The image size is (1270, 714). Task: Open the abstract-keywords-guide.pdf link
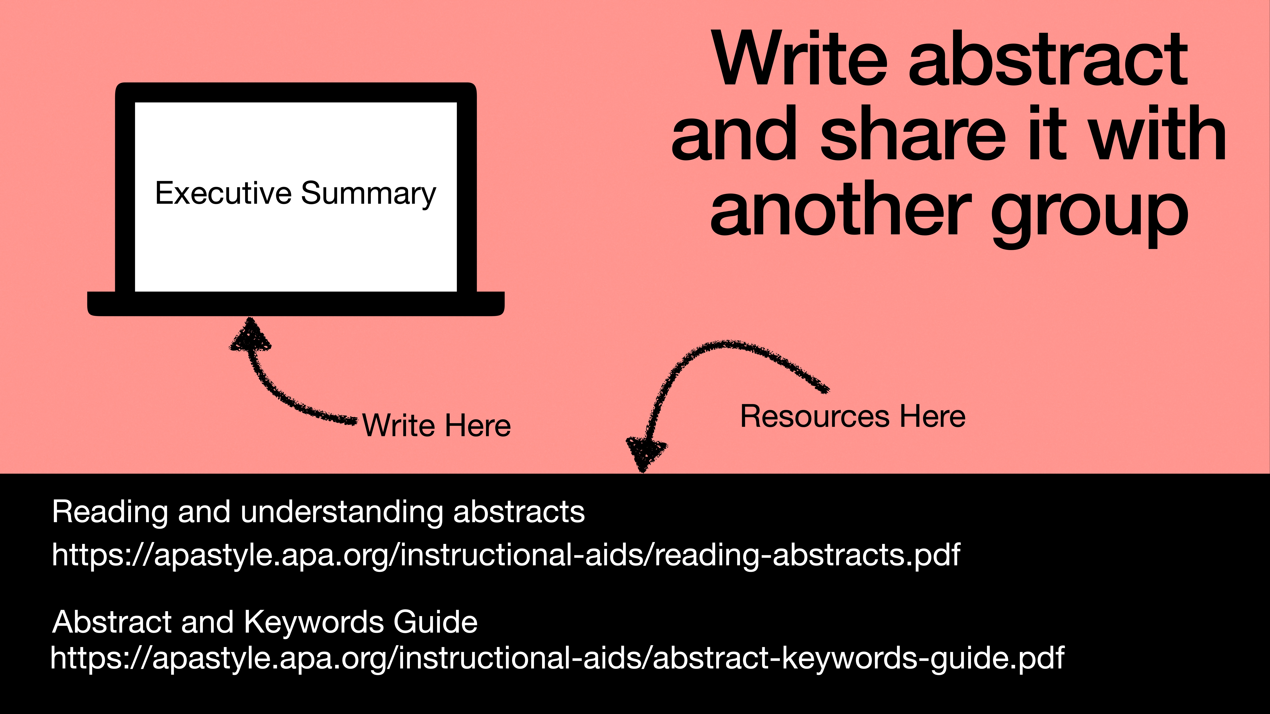click(x=557, y=658)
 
